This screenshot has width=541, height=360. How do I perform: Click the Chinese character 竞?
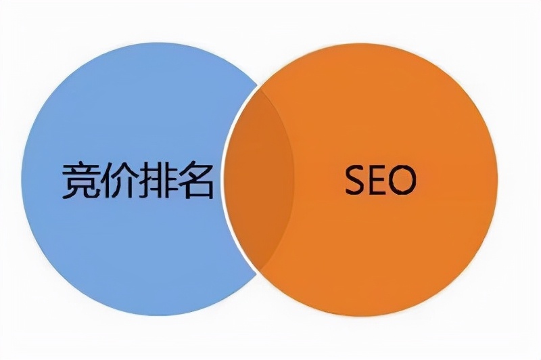click(x=82, y=181)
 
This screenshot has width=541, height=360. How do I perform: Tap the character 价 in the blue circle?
click(x=119, y=181)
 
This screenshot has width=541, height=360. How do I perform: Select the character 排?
click(x=156, y=181)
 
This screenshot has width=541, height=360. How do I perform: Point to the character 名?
click(x=195, y=181)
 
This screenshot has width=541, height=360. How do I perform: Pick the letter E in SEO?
click(x=379, y=179)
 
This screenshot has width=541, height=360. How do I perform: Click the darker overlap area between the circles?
click(x=260, y=179)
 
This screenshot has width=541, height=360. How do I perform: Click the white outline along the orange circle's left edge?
click(x=225, y=179)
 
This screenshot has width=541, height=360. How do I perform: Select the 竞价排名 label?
click(x=138, y=181)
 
